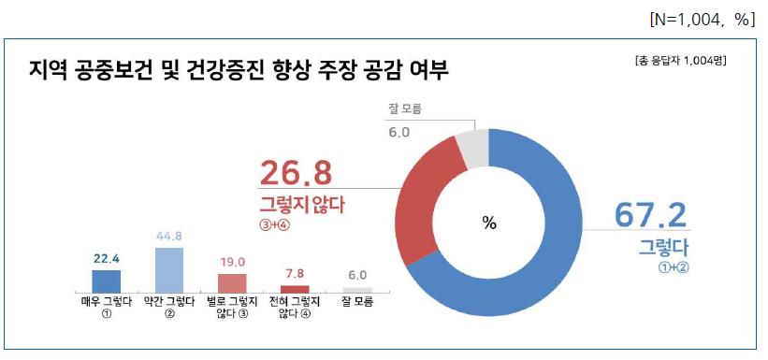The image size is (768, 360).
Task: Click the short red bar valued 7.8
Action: click(x=295, y=288)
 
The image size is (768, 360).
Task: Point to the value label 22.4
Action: click(x=106, y=261)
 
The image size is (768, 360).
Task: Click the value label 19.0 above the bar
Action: click(x=232, y=263)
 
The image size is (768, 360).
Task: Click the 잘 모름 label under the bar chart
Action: click(x=357, y=303)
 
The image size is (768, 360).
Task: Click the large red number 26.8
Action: click(x=296, y=174)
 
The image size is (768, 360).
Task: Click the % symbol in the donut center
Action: click(x=488, y=223)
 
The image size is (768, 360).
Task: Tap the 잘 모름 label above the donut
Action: click(x=404, y=109)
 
